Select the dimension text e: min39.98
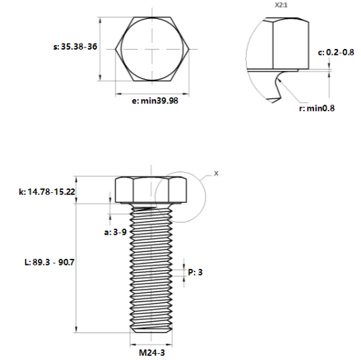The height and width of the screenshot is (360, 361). [x=155, y=101]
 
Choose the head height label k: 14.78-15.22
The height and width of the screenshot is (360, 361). [x=46, y=192]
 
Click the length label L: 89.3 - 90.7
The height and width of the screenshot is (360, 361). [x=48, y=262]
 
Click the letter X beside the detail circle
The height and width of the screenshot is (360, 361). [x=216, y=173]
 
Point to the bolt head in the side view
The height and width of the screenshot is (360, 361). [x=150, y=190]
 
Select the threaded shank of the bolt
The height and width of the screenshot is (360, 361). [x=150, y=268]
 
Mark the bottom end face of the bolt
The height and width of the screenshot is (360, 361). [x=150, y=332]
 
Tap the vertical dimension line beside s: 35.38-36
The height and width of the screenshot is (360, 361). [x=101, y=49]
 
